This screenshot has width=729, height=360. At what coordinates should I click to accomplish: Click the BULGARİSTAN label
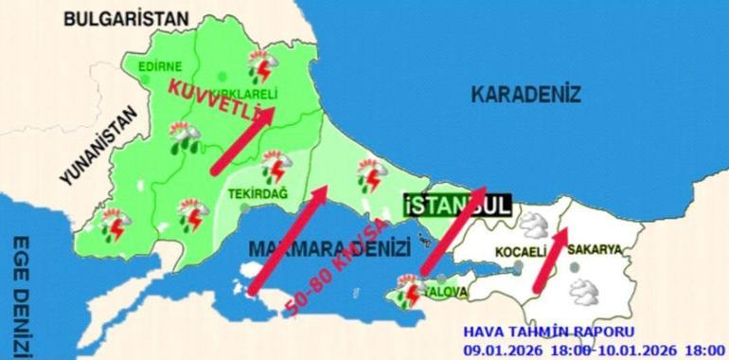point(128,18)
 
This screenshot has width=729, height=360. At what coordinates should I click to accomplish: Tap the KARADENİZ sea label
point(525,94)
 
